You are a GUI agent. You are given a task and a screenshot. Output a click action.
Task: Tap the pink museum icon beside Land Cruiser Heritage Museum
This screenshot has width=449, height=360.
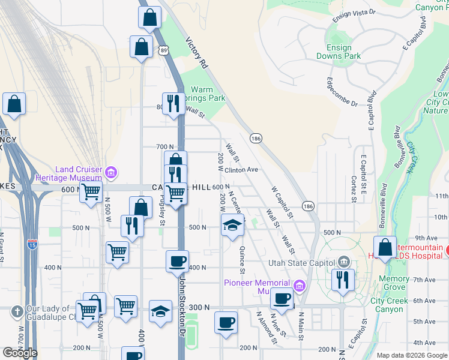110,173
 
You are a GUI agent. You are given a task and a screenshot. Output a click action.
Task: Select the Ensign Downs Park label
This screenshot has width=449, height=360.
343,52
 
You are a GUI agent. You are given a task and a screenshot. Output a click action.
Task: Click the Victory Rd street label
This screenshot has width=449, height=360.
196,53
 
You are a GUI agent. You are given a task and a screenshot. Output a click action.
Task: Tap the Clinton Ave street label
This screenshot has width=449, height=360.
241,170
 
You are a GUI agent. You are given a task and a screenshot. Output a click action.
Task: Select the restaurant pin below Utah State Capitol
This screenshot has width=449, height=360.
343,279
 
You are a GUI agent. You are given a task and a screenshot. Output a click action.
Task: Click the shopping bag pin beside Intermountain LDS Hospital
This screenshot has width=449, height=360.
385,247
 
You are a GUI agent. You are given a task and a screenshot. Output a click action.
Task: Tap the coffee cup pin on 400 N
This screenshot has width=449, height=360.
177,261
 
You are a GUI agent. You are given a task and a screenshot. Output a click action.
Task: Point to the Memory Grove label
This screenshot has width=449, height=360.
394,283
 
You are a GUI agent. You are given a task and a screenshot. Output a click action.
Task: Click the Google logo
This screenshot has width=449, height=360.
20,353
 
